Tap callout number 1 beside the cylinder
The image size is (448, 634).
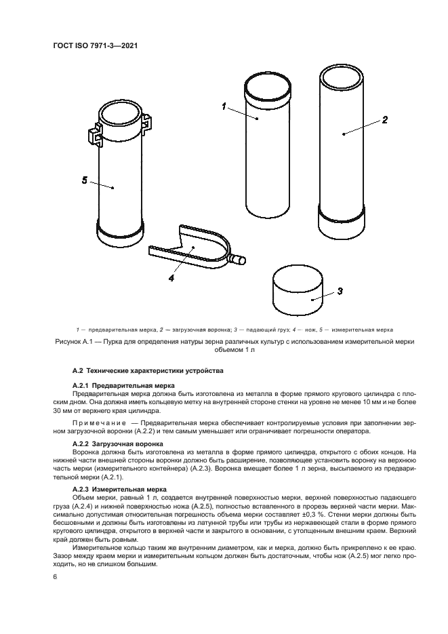pyautogui.click(x=223, y=106)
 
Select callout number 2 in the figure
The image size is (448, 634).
pyautogui.click(x=384, y=119)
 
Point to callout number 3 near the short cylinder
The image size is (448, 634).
pyautogui.click(x=340, y=291)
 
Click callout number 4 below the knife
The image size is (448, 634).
pyautogui.click(x=171, y=277)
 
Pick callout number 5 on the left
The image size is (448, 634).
pyautogui.click(x=85, y=180)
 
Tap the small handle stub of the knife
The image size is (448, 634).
pyautogui.click(x=236, y=258)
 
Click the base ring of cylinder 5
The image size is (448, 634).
pyautogui.click(x=121, y=237)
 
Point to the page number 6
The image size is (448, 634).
pyautogui.click(x=54, y=576)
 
